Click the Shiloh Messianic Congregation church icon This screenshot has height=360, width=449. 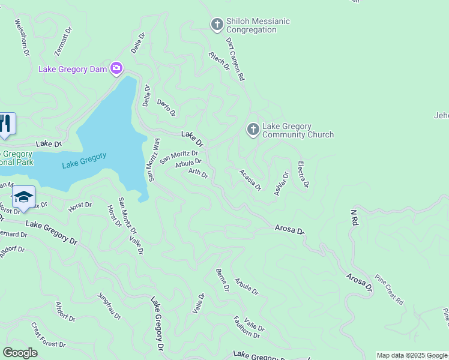(x=217, y=25)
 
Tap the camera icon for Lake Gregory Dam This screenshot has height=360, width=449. (x=116, y=68)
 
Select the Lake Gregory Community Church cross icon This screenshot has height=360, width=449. (x=253, y=130)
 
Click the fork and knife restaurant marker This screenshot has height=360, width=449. (x=6, y=124)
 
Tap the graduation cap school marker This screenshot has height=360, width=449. (x=23, y=197)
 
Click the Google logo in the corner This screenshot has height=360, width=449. (x=20, y=353)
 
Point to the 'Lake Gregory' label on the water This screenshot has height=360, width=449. (x=84, y=160)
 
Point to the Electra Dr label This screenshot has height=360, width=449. (x=303, y=174)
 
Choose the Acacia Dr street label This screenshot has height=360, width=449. (x=250, y=179)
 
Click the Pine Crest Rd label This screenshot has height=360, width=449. (x=389, y=289)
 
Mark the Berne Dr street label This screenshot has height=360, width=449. (x=222, y=280)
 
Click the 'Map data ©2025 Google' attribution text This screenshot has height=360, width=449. (x=412, y=355)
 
